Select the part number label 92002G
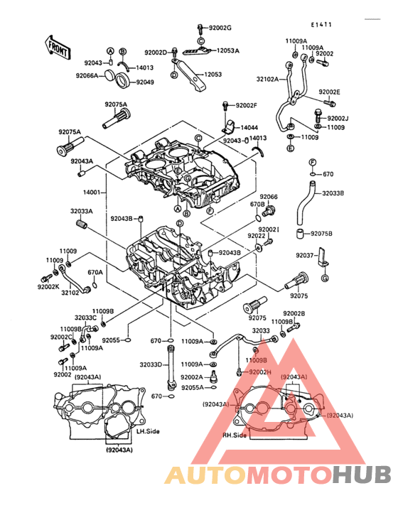(x=220, y=28)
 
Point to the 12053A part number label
(x=228, y=51)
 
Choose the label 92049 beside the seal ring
(x=145, y=82)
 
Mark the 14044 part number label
(x=249, y=127)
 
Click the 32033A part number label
(x=81, y=211)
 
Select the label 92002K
(x=49, y=286)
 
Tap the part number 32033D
(x=150, y=364)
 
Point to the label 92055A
(x=192, y=387)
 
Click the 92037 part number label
(x=304, y=255)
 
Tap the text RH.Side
(x=234, y=435)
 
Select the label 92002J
(x=338, y=118)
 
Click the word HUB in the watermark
(x=362, y=476)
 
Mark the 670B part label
(x=257, y=205)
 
